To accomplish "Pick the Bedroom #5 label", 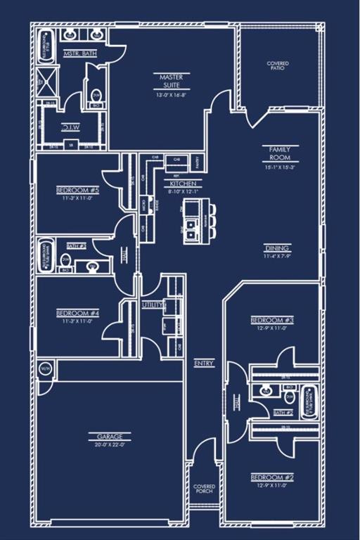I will click(x=77, y=191).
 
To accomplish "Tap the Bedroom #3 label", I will click(x=272, y=320).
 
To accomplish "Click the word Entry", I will click(x=205, y=363).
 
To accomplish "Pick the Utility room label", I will click(x=153, y=305).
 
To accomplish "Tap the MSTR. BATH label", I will click(x=80, y=53).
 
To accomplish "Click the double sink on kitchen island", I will click(x=192, y=226).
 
